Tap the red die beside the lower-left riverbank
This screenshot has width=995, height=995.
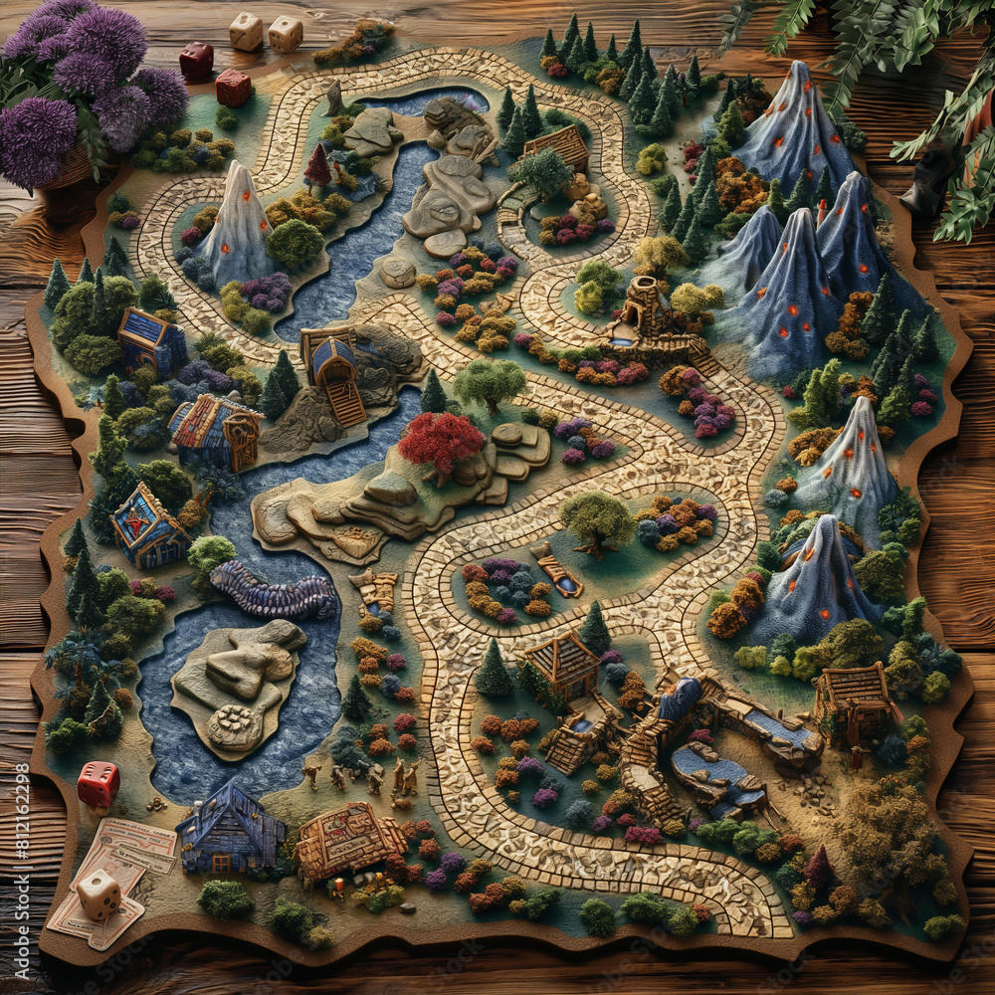pos(99,784)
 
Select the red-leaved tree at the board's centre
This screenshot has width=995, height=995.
pos(441,442)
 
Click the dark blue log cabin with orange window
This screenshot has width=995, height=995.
pos(231,828)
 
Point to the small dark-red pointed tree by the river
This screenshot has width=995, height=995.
pos(317,167)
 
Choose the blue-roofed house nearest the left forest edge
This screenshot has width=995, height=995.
pos(150,341)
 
